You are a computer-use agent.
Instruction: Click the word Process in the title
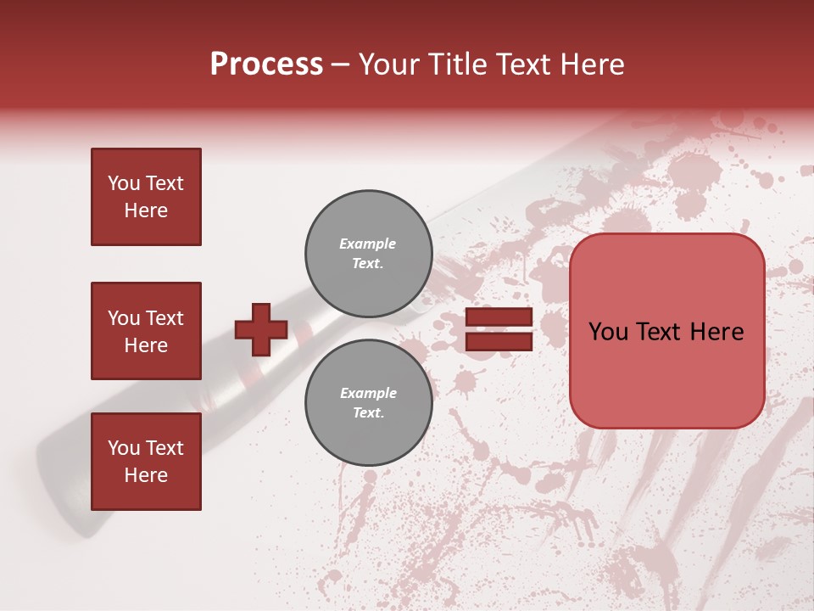pos(266,64)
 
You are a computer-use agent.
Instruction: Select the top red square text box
pos(146,197)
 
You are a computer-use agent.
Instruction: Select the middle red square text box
pos(146,331)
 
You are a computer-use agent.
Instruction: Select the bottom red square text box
pos(146,462)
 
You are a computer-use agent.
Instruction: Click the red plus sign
pos(261,329)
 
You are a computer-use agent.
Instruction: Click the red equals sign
pos(499,329)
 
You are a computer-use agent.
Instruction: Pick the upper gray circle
pos(368,253)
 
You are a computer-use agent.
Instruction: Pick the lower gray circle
pos(368,402)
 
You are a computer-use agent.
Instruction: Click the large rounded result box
pos(666,331)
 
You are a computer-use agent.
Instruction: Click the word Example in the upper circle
pos(367,244)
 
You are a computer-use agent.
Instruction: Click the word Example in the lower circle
pos(367,393)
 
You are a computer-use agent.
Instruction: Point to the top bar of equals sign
pos(499,317)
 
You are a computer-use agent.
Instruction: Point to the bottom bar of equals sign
pos(499,341)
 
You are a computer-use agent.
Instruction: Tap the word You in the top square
pos(123,183)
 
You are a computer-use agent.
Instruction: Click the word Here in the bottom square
pos(146,475)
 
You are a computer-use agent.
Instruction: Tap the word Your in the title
pos(390,64)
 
